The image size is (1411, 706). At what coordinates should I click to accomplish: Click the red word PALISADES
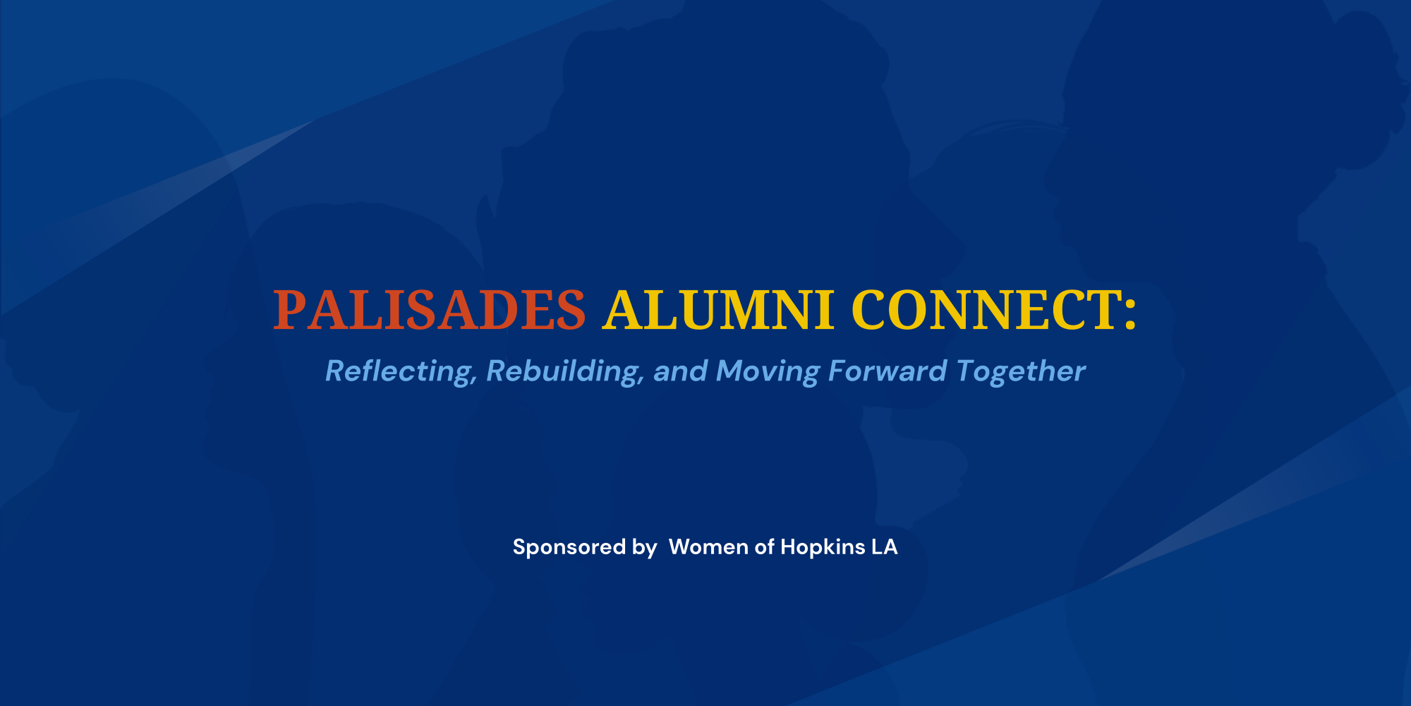(x=429, y=311)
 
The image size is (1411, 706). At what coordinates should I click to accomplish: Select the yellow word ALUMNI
(x=718, y=311)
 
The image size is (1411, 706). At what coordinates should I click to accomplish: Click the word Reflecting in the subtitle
(x=398, y=371)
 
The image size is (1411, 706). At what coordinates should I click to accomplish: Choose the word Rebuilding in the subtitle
(x=562, y=371)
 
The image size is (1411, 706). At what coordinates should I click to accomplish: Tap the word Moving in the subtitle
(x=768, y=372)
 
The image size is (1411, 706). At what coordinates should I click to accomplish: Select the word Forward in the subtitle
(x=887, y=371)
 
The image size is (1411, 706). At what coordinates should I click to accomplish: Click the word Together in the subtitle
(x=1021, y=371)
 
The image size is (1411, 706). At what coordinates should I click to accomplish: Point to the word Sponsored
(x=569, y=547)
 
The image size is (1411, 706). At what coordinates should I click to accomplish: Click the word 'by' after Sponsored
(x=644, y=548)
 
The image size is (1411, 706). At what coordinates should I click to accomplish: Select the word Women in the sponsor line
(x=708, y=547)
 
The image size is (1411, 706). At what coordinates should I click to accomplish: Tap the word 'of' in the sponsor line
(x=765, y=547)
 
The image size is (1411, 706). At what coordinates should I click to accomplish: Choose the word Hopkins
(x=823, y=547)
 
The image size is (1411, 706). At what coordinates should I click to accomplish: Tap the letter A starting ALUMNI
(x=622, y=311)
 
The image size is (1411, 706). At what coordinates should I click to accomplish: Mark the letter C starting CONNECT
(x=870, y=311)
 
